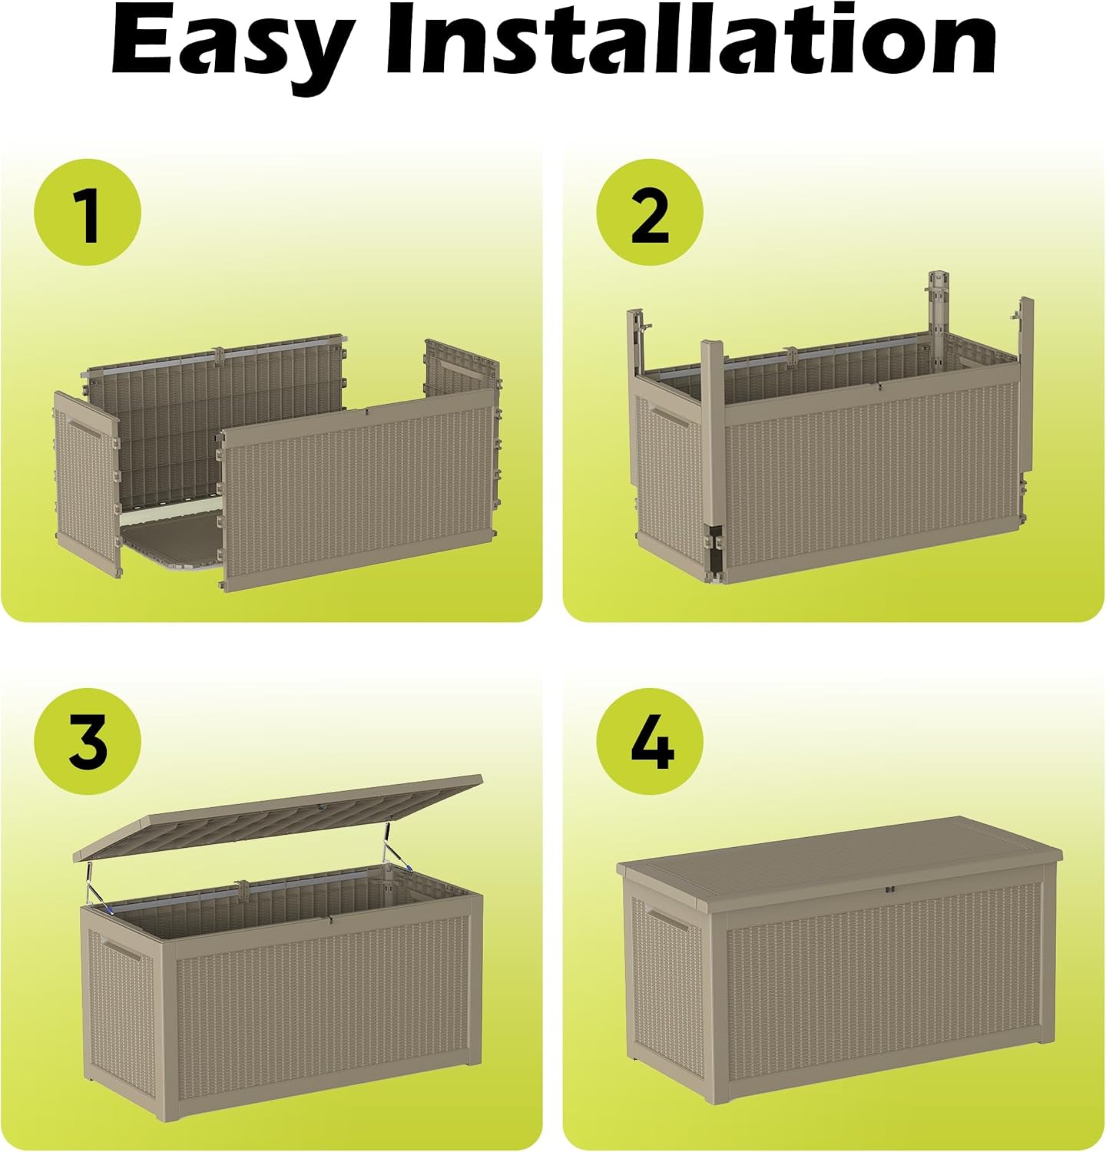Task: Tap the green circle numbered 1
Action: point(88,213)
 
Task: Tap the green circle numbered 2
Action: point(650,213)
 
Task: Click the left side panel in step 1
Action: point(87,484)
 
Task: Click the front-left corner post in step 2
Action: point(713,461)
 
